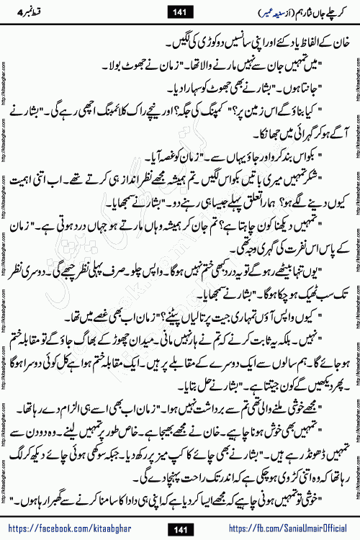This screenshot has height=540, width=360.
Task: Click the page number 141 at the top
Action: (179, 11)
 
